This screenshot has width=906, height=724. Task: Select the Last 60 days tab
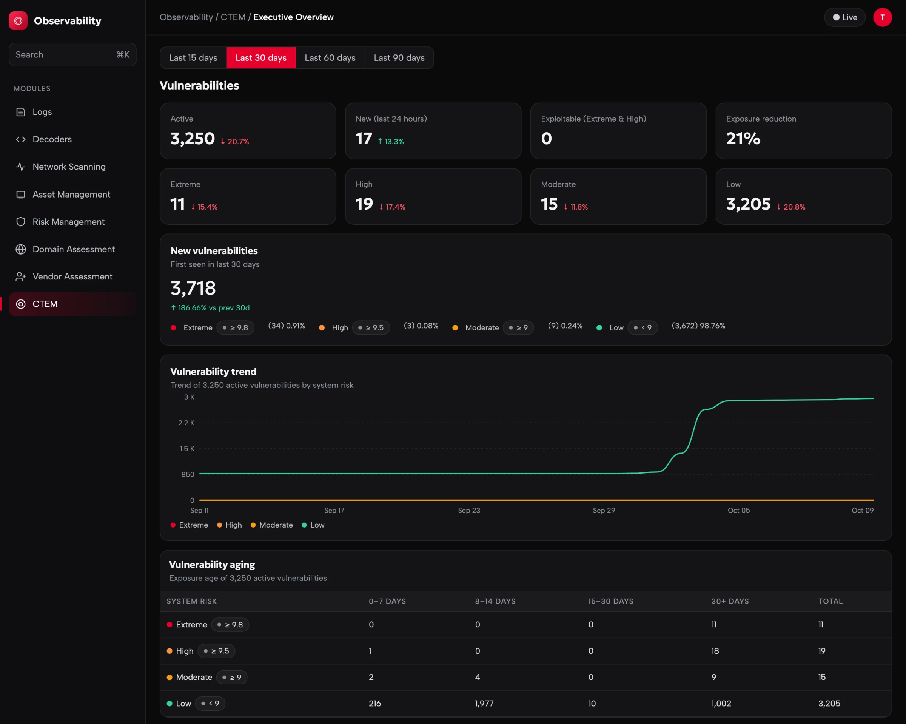[x=330, y=58]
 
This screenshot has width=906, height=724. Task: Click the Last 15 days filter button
[x=193, y=58]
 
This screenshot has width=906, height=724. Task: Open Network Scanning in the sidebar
[x=69, y=167]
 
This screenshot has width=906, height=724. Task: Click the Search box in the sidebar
[x=72, y=55]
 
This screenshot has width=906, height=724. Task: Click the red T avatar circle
[x=883, y=17]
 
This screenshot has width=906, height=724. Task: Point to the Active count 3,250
[x=193, y=139]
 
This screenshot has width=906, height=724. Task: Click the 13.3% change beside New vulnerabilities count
[x=391, y=142]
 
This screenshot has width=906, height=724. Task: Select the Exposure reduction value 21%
[x=743, y=139]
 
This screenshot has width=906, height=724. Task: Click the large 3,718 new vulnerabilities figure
[x=193, y=288]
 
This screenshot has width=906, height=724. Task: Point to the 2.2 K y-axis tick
[x=186, y=423]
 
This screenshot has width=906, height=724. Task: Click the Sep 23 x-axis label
[x=469, y=510]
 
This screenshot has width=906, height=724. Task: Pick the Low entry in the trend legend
[x=313, y=525]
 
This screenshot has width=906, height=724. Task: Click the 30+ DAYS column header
[x=730, y=601]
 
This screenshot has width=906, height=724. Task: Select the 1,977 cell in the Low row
[x=484, y=703]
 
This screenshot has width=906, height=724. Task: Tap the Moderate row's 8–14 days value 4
[x=478, y=677]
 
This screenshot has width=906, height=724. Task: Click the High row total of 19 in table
[x=821, y=651]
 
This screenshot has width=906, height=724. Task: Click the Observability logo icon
[x=18, y=21]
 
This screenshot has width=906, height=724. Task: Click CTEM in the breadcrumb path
[x=233, y=17]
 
